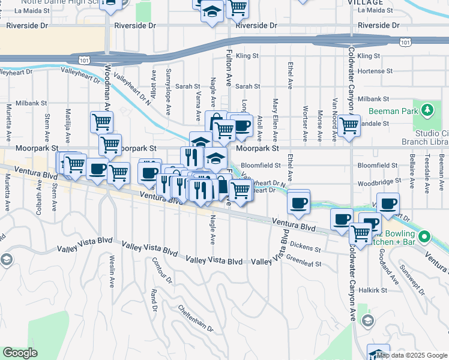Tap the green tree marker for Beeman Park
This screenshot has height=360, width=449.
[x=427, y=110]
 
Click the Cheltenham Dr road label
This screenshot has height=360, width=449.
[x=196, y=318]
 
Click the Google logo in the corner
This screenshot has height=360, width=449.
[x=20, y=353]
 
